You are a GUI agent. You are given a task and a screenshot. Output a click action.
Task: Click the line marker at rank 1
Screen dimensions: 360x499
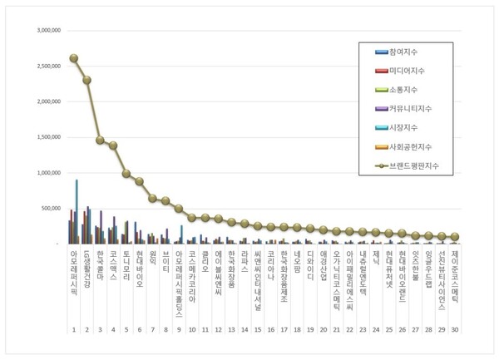tap(74, 58)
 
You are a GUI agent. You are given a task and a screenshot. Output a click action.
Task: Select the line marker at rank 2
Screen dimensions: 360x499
tap(86, 80)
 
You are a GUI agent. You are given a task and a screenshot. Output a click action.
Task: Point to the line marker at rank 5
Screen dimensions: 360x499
tap(126, 174)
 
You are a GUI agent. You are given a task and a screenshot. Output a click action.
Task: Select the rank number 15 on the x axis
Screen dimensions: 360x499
tap(258, 330)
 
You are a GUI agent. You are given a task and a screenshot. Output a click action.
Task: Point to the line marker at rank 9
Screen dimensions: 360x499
tap(179, 208)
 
